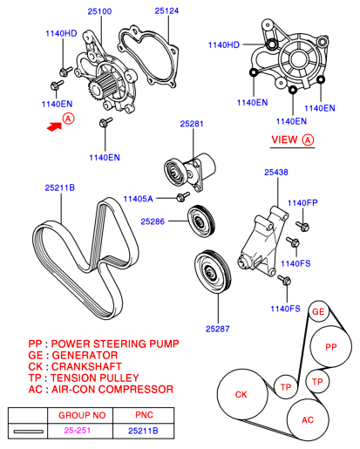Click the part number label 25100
pos(99,11)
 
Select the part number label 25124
pos(166,11)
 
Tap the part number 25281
pos(192,125)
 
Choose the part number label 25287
pos(218,329)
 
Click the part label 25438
pos(276,173)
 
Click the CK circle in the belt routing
pos(241,395)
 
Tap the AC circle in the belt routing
pos(308,419)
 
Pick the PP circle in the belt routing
pos(330,347)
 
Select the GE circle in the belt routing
pos(318,312)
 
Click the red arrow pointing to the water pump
pos(55,126)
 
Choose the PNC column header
pos(144,416)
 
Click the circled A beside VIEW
pos(308,139)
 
